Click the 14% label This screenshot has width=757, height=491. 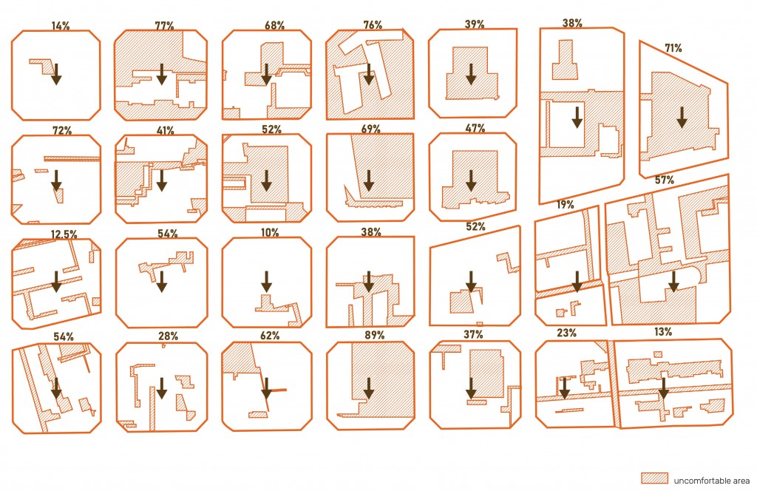[x=61, y=26]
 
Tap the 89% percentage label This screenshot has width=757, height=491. [x=375, y=335]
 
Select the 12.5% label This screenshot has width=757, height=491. [x=64, y=234]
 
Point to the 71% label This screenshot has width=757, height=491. [x=673, y=48]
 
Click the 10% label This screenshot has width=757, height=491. [x=270, y=233]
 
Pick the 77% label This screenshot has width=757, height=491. [x=165, y=26]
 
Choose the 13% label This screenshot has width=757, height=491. [x=663, y=332]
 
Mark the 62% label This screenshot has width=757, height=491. [x=270, y=335]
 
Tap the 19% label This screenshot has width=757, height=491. [x=566, y=204]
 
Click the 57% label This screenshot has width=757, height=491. [x=665, y=180]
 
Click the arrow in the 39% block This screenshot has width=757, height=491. [x=471, y=74]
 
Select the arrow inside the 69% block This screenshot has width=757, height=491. [x=369, y=180]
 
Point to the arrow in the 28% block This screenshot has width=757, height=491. [x=162, y=388]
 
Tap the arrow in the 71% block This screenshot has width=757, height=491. [x=682, y=118]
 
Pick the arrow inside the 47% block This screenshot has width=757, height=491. [x=471, y=180]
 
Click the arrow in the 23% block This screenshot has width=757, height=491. [x=564, y=388]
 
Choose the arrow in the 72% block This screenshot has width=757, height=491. [x=56, y=180]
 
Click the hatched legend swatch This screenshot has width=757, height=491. [x=655, y=478]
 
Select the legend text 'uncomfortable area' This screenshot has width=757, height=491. [x=712, y=481]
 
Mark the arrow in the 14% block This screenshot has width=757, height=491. [x=56, y=74]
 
